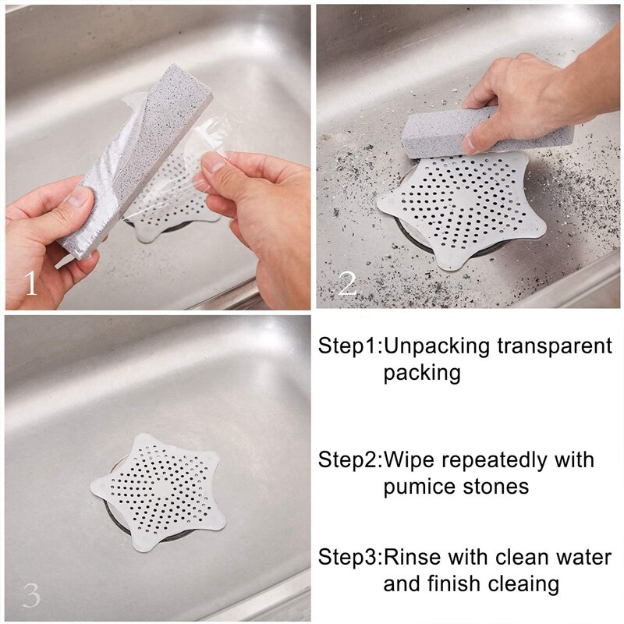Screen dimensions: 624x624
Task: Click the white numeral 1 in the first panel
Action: tap(31, 283)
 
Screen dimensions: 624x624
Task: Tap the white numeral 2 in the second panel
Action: tap(347, 283)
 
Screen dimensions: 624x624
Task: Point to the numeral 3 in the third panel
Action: tap(32, 595)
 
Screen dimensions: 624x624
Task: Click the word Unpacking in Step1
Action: tap(437, 346)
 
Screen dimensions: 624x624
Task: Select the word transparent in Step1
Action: tap(555, 346)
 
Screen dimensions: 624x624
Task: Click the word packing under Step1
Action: tap(422, 374)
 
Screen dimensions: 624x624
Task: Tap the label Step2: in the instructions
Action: tap(350, 460)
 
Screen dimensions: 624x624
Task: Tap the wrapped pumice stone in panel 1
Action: tap(134, 161)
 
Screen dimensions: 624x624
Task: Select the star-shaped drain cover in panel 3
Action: tap(158, 492)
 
